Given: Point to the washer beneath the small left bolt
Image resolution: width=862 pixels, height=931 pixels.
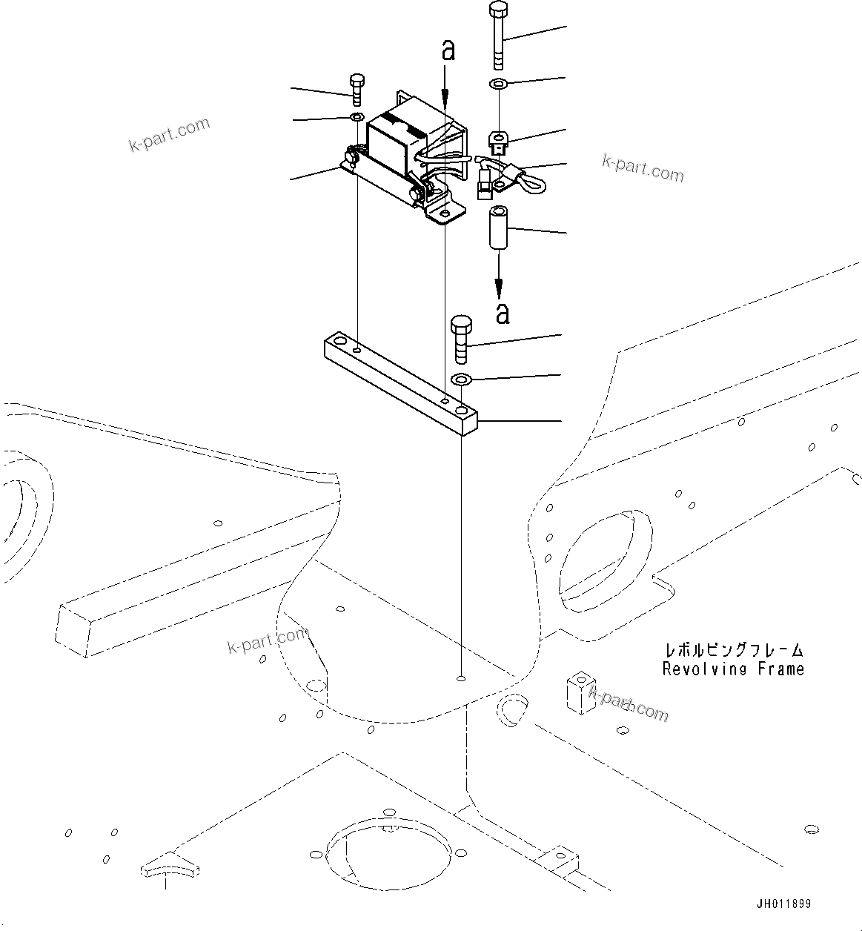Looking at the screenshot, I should point(357,117).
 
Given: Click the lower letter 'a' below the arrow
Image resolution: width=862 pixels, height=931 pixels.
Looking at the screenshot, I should point(503,314).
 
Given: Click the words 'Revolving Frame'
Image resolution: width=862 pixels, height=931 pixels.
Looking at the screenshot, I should point(732,669).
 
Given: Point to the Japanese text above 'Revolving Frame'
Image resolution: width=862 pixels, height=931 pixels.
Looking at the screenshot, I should point(732,650).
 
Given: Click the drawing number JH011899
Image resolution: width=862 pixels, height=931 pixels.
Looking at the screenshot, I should point(783,904).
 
